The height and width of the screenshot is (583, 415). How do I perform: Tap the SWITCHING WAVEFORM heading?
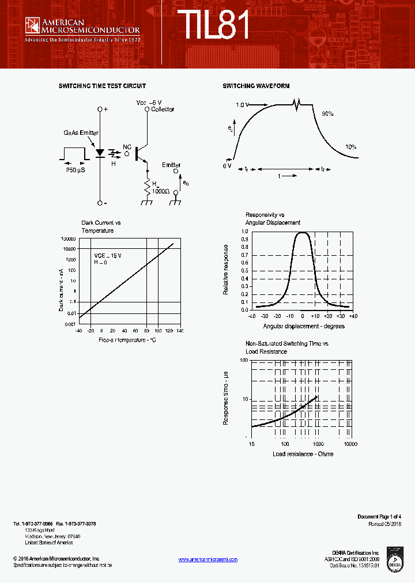pyautogui.click(x=256, y=86)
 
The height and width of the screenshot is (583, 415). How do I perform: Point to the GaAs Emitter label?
pyautogui.click(x=81, y=133)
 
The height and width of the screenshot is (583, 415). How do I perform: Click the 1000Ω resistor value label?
pyautogui.click(x=161, y=191)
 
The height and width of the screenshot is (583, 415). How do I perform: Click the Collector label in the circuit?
pyautogui.click(x=163, y=109)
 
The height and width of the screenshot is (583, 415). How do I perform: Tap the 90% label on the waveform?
pyautogui.click(x=328, y=114)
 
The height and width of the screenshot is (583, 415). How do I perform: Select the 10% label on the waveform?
pyautogui.click(x=350, y=147)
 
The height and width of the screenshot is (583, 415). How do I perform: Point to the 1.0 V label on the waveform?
pyautogui.click(x=242, y=105)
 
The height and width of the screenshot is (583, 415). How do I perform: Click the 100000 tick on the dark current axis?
pyautogui.click(x=68, y=238)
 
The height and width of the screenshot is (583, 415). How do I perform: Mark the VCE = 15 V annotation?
pyautogui.click(x=108, y=255)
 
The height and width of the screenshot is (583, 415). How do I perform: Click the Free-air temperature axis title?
pyautogui.click(x=127, y=340)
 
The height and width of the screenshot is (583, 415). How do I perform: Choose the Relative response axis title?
pyautogui.click(x=226, y=270)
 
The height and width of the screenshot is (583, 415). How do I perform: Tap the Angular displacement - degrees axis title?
pyautogui.click(x=304, y=326)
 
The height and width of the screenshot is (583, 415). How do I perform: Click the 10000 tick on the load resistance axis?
pyautogui.click(x=350, y=445)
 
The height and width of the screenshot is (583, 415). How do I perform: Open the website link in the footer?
pyautogui.click(x=207, y=559)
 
